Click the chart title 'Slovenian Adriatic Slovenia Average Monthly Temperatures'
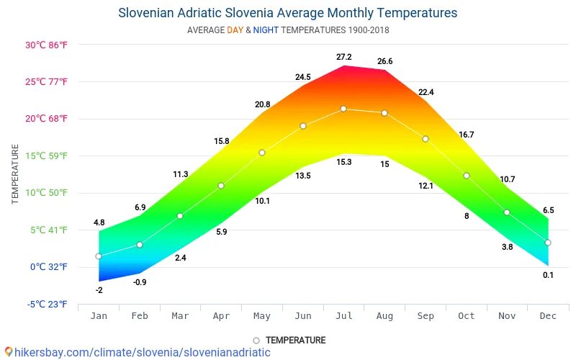click(x=287, y=13)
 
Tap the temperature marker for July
click(x=343, y=109)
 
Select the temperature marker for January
click(x=99, y=256)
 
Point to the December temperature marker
click(x=548, y=243)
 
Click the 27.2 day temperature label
click(x=343, y=57)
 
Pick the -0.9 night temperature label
click(x=140, y=282)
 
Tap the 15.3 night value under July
click(x=343, y=163)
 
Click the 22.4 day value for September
click(x=426, y=92)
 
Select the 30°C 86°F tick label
click(x=46, y=45)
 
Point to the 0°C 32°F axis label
click(x=49, y=267)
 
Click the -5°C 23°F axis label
click(x=48, y=305)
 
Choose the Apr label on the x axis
click(x=221, y=316)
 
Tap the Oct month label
click(x=466, y=316)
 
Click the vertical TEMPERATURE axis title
click(x=15, y=174)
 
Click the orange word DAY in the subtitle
click(x=235, y=30)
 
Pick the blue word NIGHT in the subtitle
click(x=265, y=30)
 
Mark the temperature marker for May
click(x=262, y=153)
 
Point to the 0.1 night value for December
click(x=549, y=275)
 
